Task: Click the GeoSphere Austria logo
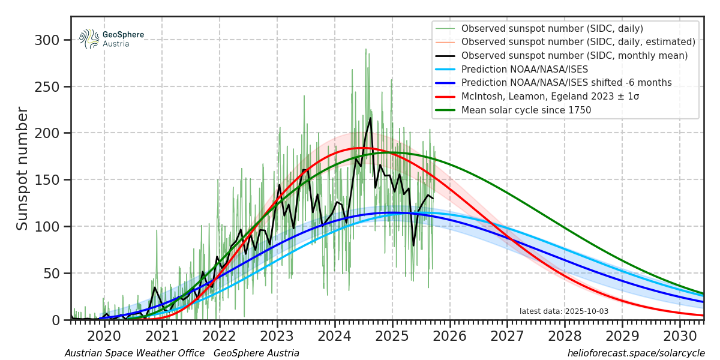point(112,39)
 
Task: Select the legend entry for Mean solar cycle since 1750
point(526,110)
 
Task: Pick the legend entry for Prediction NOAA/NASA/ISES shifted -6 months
point(566,83)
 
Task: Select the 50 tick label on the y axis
point(52,274)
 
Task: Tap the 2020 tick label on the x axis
point(104,334)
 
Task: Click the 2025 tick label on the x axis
point(392,334)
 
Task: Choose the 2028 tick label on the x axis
point(565,334)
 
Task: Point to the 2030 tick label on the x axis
point(680,334)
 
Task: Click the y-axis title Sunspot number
point(23,169)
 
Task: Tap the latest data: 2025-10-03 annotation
point(563,311)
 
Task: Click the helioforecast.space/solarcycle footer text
point(636,354)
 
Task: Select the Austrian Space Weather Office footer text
point(134,354)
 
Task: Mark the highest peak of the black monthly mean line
point(370,118)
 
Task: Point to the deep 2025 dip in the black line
point(413,245)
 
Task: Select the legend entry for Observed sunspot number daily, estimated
point(578,42)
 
